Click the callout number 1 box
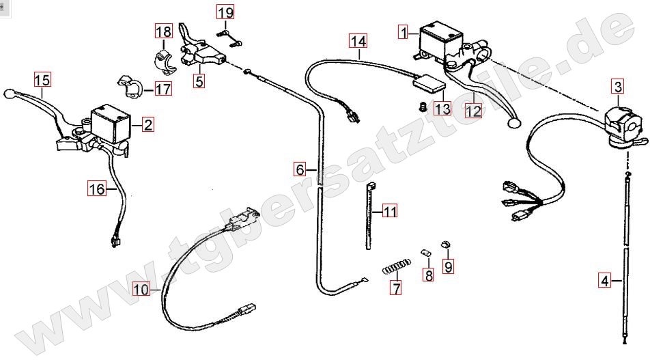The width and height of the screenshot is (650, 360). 404,32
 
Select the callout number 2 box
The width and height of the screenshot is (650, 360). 148,124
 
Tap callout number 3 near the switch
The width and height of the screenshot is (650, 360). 617,87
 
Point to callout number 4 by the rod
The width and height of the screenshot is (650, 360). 604,280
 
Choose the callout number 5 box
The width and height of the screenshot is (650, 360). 199,81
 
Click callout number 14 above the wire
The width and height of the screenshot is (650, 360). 358,41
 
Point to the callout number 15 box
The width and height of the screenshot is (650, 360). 42,80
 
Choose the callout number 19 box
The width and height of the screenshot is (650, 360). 225,12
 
